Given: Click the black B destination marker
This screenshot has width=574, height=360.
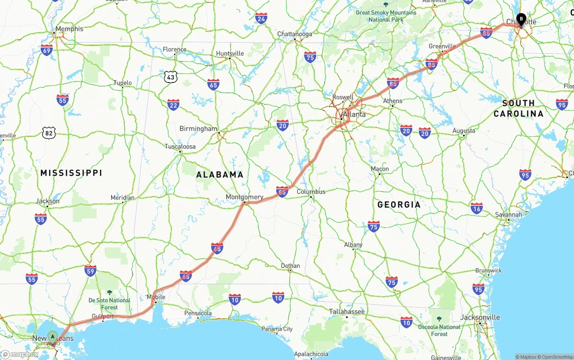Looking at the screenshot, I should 521,19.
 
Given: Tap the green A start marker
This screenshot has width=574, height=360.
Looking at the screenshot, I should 52,336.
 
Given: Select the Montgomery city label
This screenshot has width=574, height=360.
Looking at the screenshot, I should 244,197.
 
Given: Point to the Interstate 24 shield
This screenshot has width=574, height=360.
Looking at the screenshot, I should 261,18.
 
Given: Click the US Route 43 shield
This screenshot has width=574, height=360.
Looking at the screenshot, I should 170,77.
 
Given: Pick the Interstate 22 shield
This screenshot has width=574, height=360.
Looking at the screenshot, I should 173,105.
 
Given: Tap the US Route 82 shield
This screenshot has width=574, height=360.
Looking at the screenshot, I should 49,133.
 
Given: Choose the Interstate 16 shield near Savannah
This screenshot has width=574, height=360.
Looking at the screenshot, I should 477,208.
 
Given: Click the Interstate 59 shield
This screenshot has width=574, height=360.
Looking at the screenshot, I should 91,270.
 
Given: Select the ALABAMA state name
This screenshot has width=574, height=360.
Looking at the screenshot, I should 220,174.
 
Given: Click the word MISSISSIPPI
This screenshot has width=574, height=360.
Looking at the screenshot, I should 71,173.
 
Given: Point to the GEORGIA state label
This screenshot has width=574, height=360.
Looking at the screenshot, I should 399,204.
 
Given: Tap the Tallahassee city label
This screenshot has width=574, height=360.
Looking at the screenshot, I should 347,311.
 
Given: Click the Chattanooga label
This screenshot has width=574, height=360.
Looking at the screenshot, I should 295,34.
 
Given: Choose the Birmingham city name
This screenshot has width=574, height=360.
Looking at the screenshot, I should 198,129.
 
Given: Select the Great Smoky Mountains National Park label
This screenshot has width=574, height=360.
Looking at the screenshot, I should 386,16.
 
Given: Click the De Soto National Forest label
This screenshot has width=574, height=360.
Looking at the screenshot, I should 109,304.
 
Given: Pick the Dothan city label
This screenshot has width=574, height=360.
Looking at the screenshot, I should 290,266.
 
